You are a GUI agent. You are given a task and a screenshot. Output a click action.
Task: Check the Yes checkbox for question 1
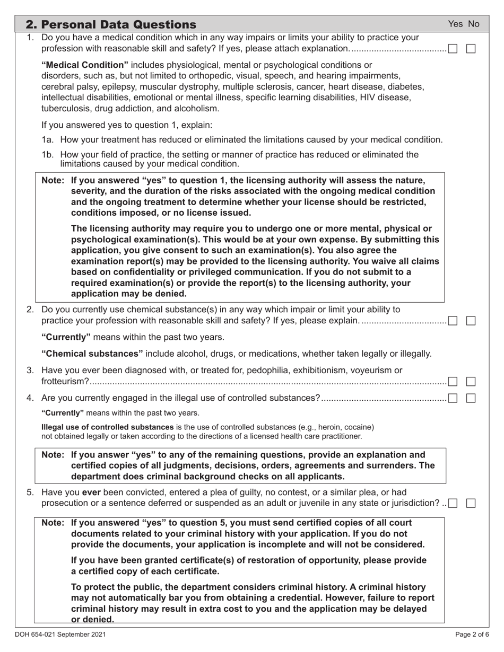click(453, 49)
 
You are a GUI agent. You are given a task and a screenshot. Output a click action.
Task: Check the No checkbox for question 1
click(471, 49)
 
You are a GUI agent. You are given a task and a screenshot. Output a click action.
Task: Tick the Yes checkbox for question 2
click(453, 321)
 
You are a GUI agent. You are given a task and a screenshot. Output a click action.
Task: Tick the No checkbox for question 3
click(471, 381)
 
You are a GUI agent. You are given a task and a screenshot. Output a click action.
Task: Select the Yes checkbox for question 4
click(453, 399)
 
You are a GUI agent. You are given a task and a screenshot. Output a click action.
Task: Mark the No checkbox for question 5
click(471, 503)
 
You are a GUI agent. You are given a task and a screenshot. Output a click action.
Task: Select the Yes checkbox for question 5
click(453, 503)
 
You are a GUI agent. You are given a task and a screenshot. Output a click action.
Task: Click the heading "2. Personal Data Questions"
click(111, 24)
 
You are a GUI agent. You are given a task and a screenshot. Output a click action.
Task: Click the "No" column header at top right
click(473, 24)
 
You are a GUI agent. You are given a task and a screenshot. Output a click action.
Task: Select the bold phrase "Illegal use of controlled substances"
click(107, 427)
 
